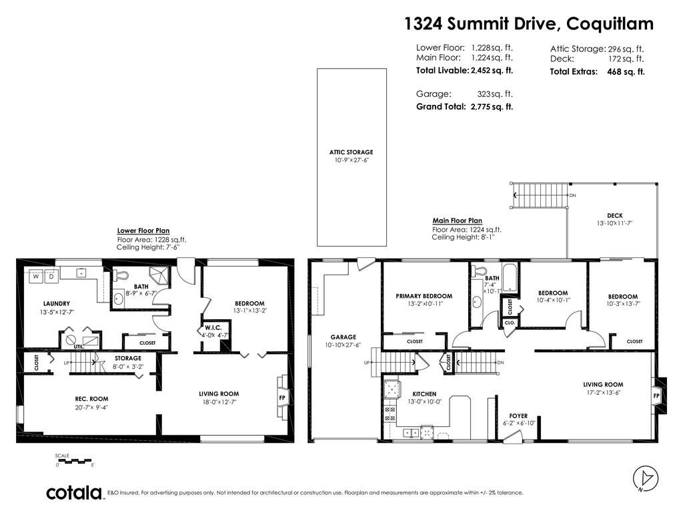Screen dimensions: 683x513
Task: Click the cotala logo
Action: (74, 493)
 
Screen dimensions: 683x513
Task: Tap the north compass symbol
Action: (645, 478)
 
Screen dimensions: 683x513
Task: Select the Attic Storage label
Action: (351, 152)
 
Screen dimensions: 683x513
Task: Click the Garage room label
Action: (344, 337)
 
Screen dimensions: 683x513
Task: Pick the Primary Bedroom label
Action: (424, 296)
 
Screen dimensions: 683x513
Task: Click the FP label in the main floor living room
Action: (656, 396)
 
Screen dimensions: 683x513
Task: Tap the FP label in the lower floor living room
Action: (282, 398)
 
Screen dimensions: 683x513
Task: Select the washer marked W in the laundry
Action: (36, 277)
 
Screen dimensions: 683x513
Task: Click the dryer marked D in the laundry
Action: (51, 277)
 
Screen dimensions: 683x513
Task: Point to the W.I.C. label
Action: (213, 327)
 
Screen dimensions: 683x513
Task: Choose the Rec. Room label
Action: (91, 399)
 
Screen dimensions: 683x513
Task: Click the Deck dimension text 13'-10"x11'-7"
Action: (614, 223)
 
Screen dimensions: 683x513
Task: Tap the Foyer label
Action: (518, 416)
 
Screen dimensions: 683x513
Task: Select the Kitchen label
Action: (424, 394)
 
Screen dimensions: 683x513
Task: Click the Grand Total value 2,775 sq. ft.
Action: (492, 106)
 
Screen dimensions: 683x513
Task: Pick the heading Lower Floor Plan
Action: (143, 230)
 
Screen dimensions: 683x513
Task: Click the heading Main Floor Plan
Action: (458, 220)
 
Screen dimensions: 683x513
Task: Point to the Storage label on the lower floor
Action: (128, 359)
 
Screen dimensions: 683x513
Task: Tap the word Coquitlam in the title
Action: (610, 24)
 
